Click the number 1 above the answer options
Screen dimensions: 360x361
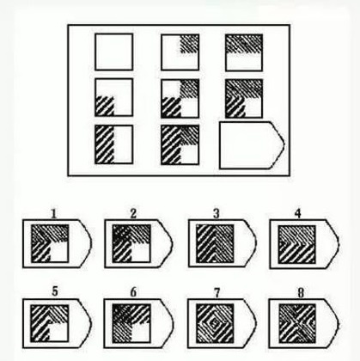53,213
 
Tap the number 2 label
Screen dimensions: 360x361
133,213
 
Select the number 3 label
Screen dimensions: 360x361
217,213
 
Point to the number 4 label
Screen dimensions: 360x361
298,213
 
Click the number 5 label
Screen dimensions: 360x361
55,291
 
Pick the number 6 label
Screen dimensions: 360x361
133,292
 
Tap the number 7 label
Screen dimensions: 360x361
217,292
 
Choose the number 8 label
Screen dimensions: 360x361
301,293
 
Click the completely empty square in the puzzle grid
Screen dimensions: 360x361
114,52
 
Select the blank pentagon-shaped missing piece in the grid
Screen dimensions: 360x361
252,145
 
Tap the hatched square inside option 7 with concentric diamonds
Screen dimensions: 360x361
215,323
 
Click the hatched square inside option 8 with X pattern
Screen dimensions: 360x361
297,323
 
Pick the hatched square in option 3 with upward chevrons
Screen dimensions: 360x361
215,243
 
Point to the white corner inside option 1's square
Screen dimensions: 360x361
59,252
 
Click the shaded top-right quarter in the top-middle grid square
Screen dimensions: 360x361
189,44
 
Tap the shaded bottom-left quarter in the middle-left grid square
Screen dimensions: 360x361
105,106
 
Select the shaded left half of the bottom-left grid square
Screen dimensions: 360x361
105,144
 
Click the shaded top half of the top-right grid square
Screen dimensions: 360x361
244,44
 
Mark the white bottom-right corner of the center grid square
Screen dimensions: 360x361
189,107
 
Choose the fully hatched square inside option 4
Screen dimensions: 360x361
297,244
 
